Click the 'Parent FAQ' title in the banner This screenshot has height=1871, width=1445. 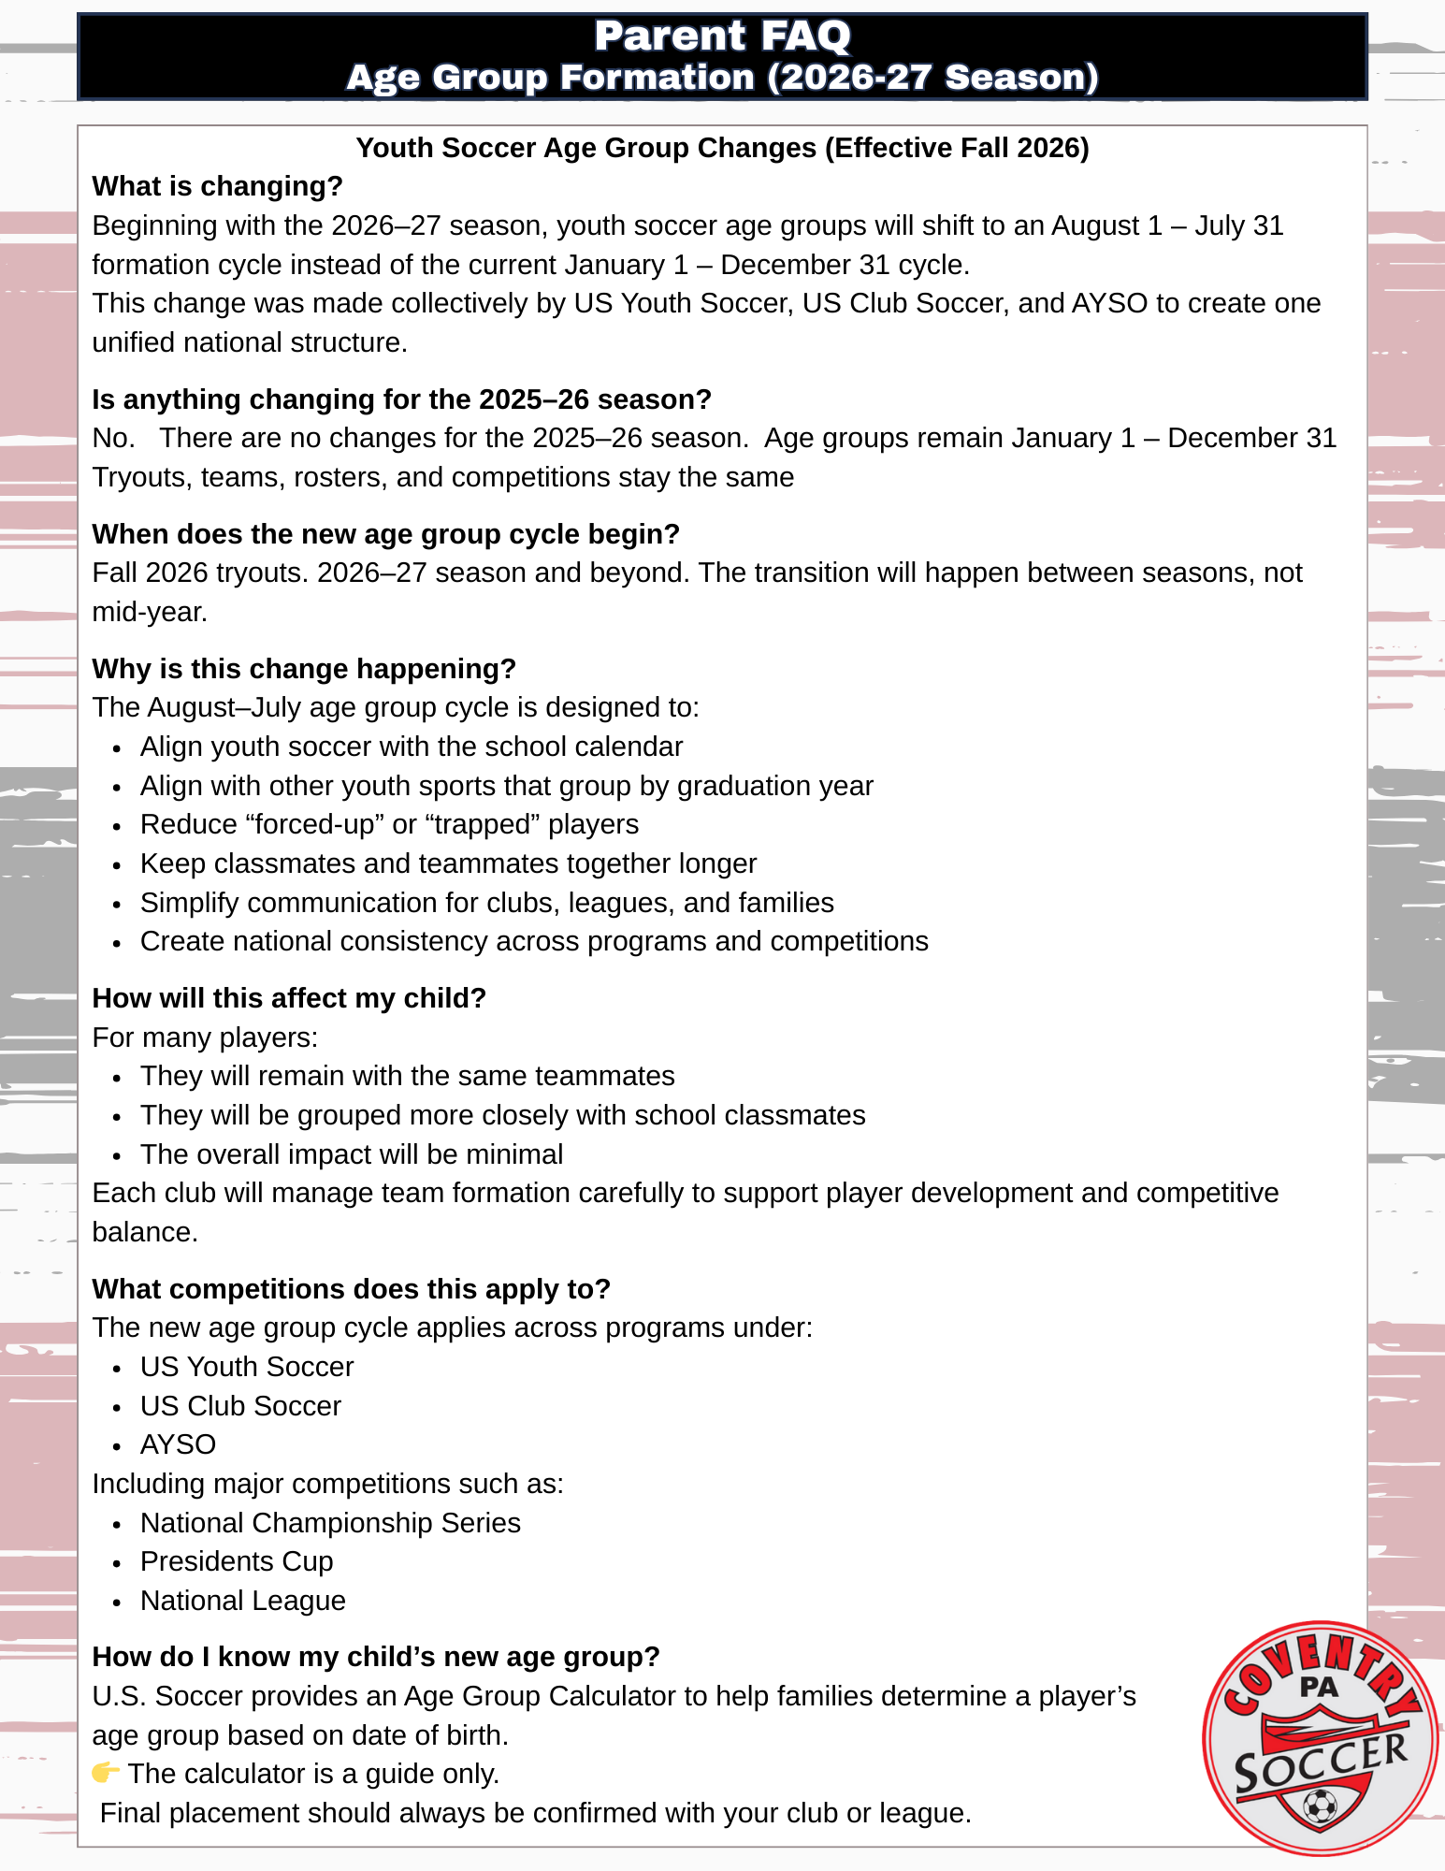pos(722,36)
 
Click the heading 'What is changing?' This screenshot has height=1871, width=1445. pos(217,186)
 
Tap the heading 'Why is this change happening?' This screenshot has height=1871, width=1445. pos(304,669)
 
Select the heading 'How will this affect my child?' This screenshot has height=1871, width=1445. pos(289,998)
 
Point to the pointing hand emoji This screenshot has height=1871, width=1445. pos(106,1773)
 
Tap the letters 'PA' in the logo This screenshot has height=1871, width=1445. pos(1319,1688)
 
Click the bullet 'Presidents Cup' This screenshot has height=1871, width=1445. pos(237,1561)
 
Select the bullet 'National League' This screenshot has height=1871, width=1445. pos(243,1601)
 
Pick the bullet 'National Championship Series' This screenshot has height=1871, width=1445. pos(330,1523)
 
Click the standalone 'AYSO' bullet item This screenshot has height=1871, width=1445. pos(178,1444)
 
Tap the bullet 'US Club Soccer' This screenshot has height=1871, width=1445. pos(240,1406)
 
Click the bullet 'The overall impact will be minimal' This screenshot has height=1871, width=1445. pos(352,1154)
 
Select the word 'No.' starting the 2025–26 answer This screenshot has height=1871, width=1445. pos(113,438)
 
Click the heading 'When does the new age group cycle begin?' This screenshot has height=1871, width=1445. pos(385,534)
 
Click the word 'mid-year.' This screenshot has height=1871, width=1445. pos(150,612)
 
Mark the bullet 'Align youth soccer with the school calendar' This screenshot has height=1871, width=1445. pos(412,747)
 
